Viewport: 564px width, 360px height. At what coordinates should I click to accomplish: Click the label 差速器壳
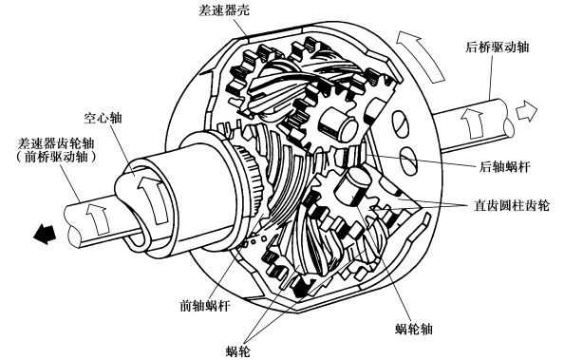pyautogui.click(x=223, y=9)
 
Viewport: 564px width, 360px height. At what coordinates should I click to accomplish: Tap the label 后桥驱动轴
pyautogui.click(x=498, y=47)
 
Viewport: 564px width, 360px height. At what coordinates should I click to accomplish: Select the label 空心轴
pyautogui.click(x=103, y=118)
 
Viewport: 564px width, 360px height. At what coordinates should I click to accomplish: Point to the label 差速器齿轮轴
pyautogui.click(x=56, y=143)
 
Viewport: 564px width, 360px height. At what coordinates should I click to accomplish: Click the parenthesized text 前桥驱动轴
pyautogui.click(x=56, y=158)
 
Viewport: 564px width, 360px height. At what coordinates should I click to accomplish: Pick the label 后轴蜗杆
pyautogui.click(x=504, y=166)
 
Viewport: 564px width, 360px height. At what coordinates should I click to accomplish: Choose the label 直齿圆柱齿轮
pyautogui.click(x=511, y=205)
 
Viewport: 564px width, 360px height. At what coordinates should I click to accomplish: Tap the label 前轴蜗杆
pyautogui.click(x=205, y=306)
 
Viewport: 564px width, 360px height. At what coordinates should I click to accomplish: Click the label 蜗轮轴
pyautogui.click(x=414, y=329)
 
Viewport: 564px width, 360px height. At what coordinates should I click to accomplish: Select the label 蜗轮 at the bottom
pyautogui.click(x=238, y=351)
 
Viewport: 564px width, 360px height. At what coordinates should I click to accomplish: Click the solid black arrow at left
pyautogui.click(x=44, y=234)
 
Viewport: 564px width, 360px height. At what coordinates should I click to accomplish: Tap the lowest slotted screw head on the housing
pyautogui.click(x=409, y=161)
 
